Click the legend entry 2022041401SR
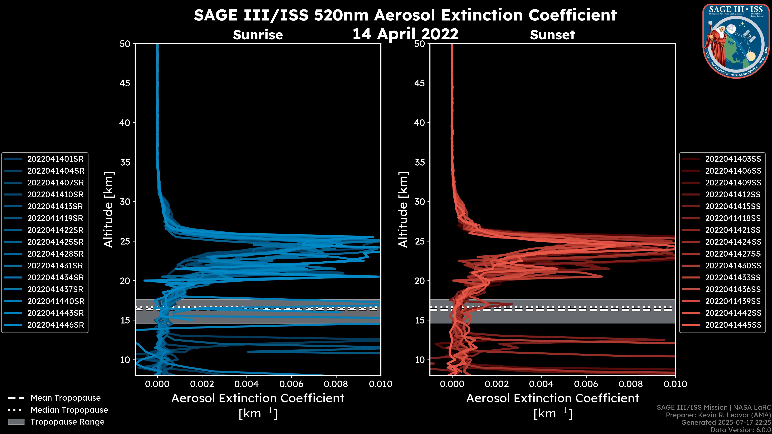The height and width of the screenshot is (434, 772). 55,159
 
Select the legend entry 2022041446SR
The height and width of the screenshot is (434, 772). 55,325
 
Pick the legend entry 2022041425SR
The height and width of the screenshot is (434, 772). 55,242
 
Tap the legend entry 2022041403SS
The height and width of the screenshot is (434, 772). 733,159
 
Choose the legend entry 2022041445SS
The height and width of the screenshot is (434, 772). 733,325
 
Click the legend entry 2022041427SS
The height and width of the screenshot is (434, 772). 733,254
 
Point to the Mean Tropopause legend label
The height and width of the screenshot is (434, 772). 66,398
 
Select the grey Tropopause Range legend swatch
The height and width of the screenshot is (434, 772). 16,422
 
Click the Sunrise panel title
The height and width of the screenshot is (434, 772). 258,35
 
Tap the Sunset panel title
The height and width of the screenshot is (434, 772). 552,35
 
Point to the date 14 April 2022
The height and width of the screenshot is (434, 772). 405,34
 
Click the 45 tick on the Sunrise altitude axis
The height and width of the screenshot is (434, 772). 125,83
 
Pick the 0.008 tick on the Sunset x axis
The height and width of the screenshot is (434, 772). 631,384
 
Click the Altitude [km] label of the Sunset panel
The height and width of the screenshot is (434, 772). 403,210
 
